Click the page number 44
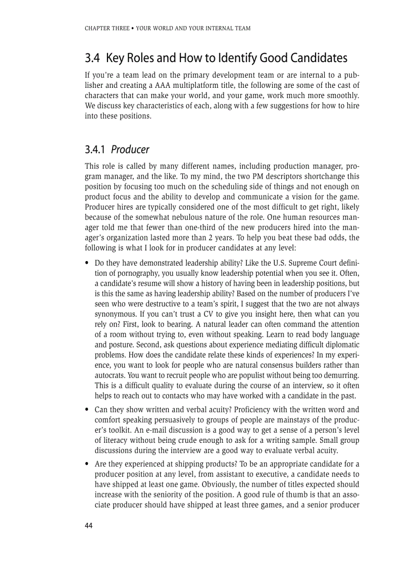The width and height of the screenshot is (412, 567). coord(89,526)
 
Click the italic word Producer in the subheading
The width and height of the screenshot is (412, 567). coord(130,150)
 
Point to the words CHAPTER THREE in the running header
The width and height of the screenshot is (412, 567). coord(107,28)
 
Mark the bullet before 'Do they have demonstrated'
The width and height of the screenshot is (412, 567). coord(88,263)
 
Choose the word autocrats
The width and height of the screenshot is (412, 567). coord(110,375)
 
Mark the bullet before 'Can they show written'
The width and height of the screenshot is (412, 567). coord(88,409)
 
